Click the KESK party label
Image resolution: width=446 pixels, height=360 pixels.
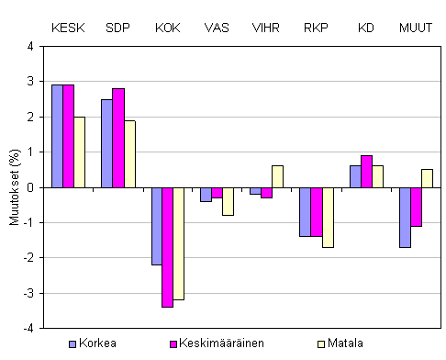[x=69, y=28]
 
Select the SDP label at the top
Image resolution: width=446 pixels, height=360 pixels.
[x=118, y=28]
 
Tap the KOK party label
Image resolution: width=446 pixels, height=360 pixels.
[x=168, y=28]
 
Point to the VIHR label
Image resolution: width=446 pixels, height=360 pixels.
[x=267, y=28]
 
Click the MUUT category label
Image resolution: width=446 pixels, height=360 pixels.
[x=416, y=28]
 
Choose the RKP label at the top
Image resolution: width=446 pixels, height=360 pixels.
[x=317, y=28]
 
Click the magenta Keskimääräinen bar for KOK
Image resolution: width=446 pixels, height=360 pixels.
[x=167, y=247]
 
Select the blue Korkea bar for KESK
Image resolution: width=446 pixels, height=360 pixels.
[x=57, y=136]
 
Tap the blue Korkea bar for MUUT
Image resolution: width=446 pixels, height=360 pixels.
[x=405, y=217]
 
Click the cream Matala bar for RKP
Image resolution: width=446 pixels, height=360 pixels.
[x=328, y=217]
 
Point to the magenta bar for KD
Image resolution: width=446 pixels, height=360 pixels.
[x=366, y=171]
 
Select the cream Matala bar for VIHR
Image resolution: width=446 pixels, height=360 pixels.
[x=278, y=176]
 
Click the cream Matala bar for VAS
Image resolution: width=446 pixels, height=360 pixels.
[x=228, y=201]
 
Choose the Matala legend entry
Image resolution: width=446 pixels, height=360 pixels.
[x=350, y=343]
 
